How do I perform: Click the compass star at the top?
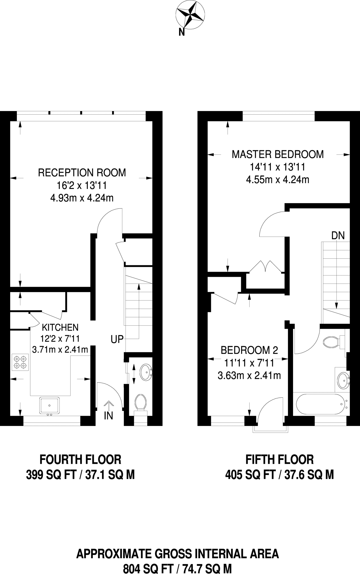pyautogui.click(x=190, y=14)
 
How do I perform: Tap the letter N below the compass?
pyautogui.click(x=182, y=33)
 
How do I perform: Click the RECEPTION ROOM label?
pyautogui.click(x=82, y=173)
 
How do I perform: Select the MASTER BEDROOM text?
pyautogui.click(x=278, y=154)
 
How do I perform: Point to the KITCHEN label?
pyautogui.click(x=60, y=327)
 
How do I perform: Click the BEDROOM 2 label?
pyautogui.click(x=249, y=350)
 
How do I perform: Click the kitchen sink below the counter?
pyautogui.click(x=49, y=405)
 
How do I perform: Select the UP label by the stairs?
pyautogui.click(x=117, y=339)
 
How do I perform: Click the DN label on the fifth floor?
pyautogui.click(x=338, y=236)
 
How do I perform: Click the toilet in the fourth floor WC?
pyautogui.click(x=141, y=402)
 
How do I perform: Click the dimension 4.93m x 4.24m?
pyautogui.click(x=82, y=198)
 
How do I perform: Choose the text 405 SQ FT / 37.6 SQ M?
pyautogui.click(x=279, y=475)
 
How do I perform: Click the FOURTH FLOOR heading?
pyautogui.click(x=80, y=460)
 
